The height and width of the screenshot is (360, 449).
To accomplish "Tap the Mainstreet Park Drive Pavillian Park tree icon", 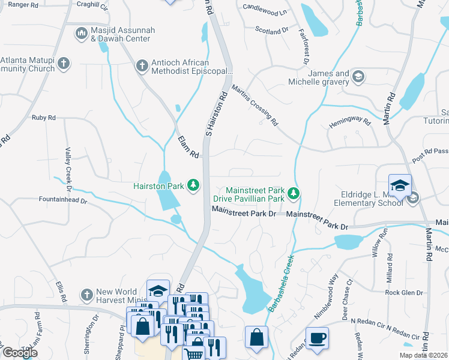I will (294, 193).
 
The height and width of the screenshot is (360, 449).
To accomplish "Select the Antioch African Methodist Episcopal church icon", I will (142, 65).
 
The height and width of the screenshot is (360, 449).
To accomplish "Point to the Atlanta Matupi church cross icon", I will (65, 62).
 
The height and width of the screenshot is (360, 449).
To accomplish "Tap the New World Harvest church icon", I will (86, 295).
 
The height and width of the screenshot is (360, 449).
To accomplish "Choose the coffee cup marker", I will (317, 337).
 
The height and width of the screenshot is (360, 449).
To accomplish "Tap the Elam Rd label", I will (188, 146).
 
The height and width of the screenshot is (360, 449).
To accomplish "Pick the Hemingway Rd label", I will (350, 121).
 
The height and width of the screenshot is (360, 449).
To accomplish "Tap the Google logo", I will (20, 352).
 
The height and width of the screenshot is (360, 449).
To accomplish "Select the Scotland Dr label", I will (272, 30).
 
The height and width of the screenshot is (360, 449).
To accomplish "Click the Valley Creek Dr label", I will (68, 170).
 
